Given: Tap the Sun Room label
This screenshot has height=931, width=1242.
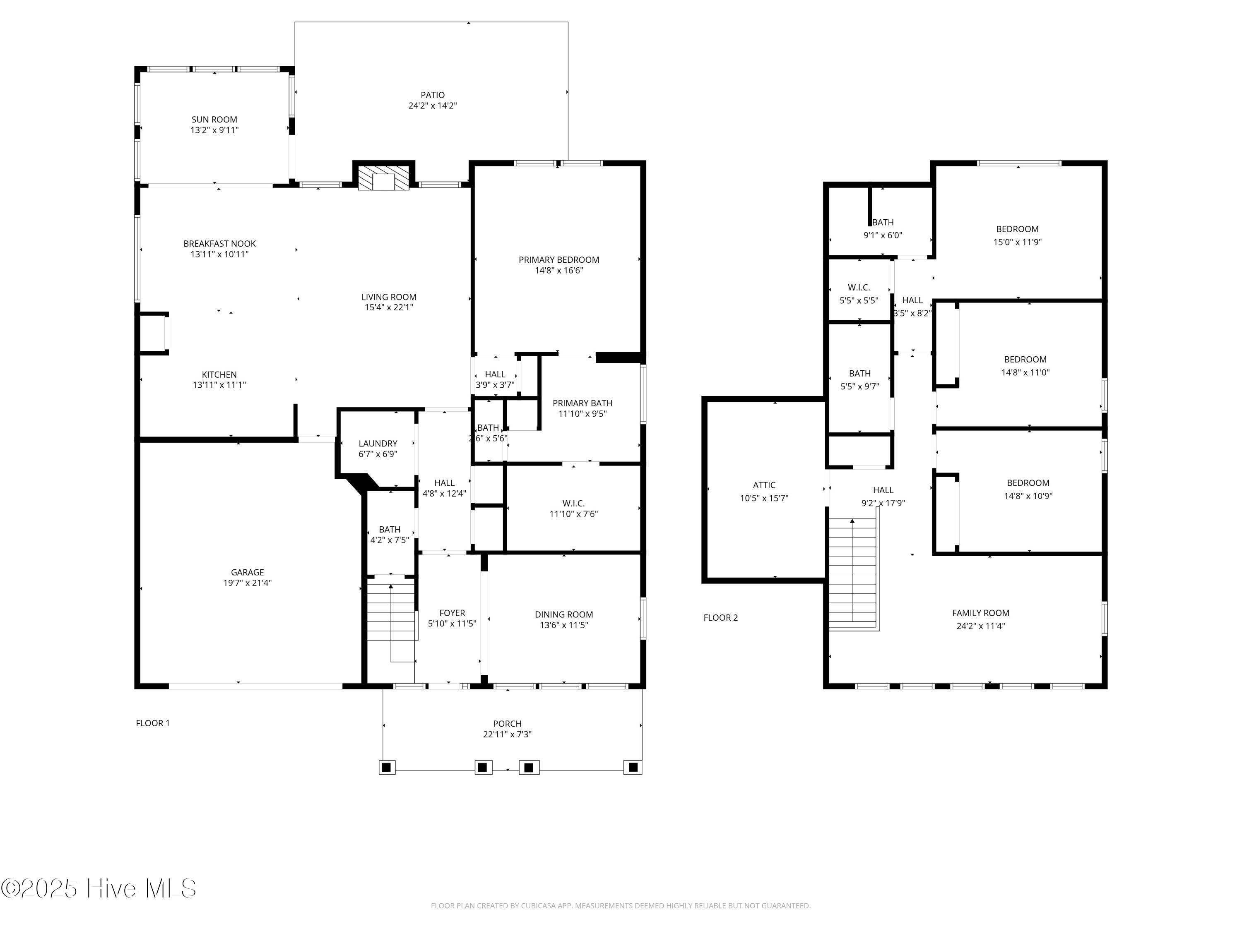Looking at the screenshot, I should pos(214,120).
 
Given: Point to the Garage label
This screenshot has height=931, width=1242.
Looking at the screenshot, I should pos(247,572).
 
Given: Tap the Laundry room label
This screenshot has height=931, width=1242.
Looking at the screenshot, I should pos(378,443).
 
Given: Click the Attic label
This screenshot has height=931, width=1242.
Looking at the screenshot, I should pos(764,485).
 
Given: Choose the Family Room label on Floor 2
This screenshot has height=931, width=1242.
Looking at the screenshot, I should pos(980,613).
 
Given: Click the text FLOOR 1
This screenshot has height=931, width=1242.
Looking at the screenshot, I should pos(153,723).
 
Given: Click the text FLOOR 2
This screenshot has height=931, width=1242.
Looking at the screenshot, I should pos(720,617).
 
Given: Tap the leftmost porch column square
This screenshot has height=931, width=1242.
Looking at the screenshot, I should pos(386,767).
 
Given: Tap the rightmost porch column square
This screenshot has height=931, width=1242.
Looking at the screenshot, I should pos(633,767).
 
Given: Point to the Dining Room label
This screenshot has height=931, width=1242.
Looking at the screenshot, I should pos(564,614).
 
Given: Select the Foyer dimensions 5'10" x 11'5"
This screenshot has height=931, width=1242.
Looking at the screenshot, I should pos(452,624).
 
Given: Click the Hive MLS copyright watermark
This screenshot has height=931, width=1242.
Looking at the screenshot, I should pos(99,888).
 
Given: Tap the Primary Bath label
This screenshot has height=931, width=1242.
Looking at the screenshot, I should pos(582,403).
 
